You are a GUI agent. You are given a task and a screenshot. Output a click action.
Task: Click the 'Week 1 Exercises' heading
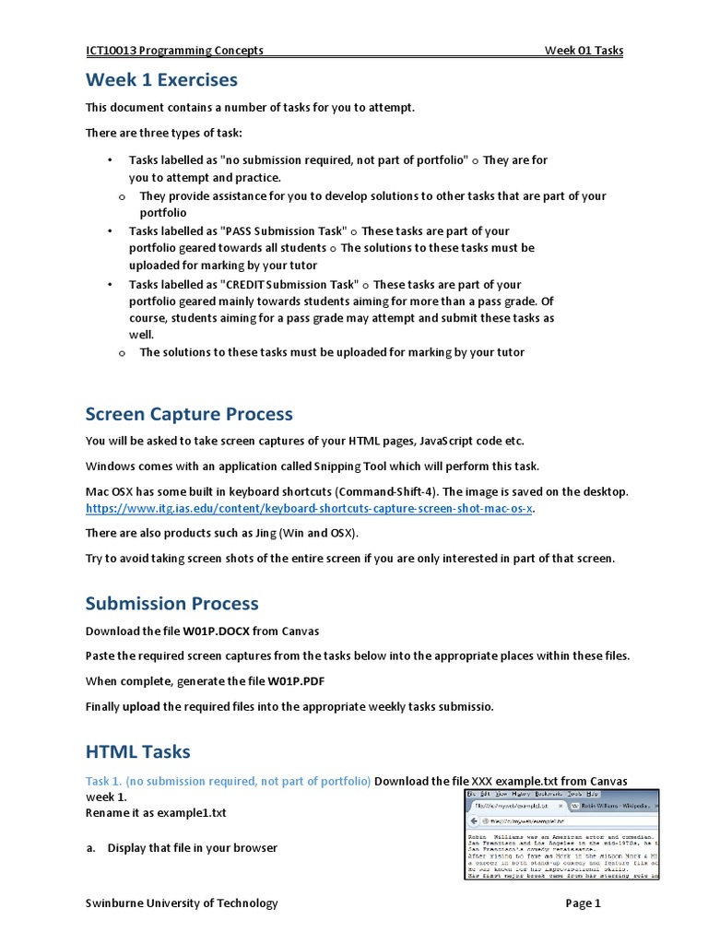coord(161,80)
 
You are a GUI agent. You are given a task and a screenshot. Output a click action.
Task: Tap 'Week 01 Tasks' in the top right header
coord(584,51)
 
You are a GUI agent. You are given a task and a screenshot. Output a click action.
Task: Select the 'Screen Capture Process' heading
coord(189,414)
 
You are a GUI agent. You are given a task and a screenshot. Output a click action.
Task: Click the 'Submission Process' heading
coord(172,604)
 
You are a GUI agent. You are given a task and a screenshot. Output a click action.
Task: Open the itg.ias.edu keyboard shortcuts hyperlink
coord(309,509)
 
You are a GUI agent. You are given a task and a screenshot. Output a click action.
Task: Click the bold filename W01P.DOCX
coord(219,631)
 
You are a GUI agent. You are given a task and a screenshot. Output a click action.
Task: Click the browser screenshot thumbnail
coord(561,834)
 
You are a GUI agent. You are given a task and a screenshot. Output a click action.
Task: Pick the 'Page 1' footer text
coord(583,903)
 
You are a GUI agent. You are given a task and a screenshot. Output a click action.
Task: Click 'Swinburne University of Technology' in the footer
coord(182,903)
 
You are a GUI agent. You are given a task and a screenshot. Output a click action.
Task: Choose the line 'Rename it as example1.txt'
coord(156,813)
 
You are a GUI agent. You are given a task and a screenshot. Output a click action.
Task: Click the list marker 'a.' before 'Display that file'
coord(91,848)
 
